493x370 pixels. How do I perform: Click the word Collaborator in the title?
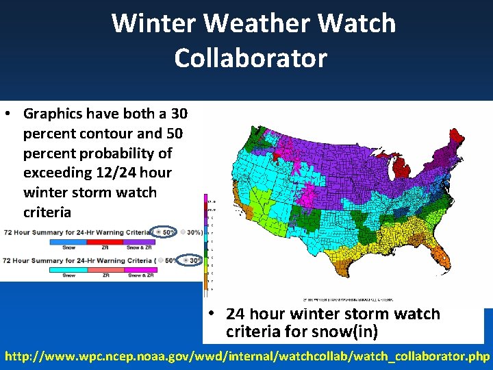pos(251,58)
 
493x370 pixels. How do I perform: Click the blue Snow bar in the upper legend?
pos(69,241)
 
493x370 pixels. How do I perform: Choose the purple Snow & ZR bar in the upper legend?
pos(140,241)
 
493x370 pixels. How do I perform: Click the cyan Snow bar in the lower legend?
pos(69,269)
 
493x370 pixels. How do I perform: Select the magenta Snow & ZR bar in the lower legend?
pos(140,269)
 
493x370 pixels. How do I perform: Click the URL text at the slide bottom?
pos(246,356)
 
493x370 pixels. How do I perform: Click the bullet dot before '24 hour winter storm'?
pos(213,314)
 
